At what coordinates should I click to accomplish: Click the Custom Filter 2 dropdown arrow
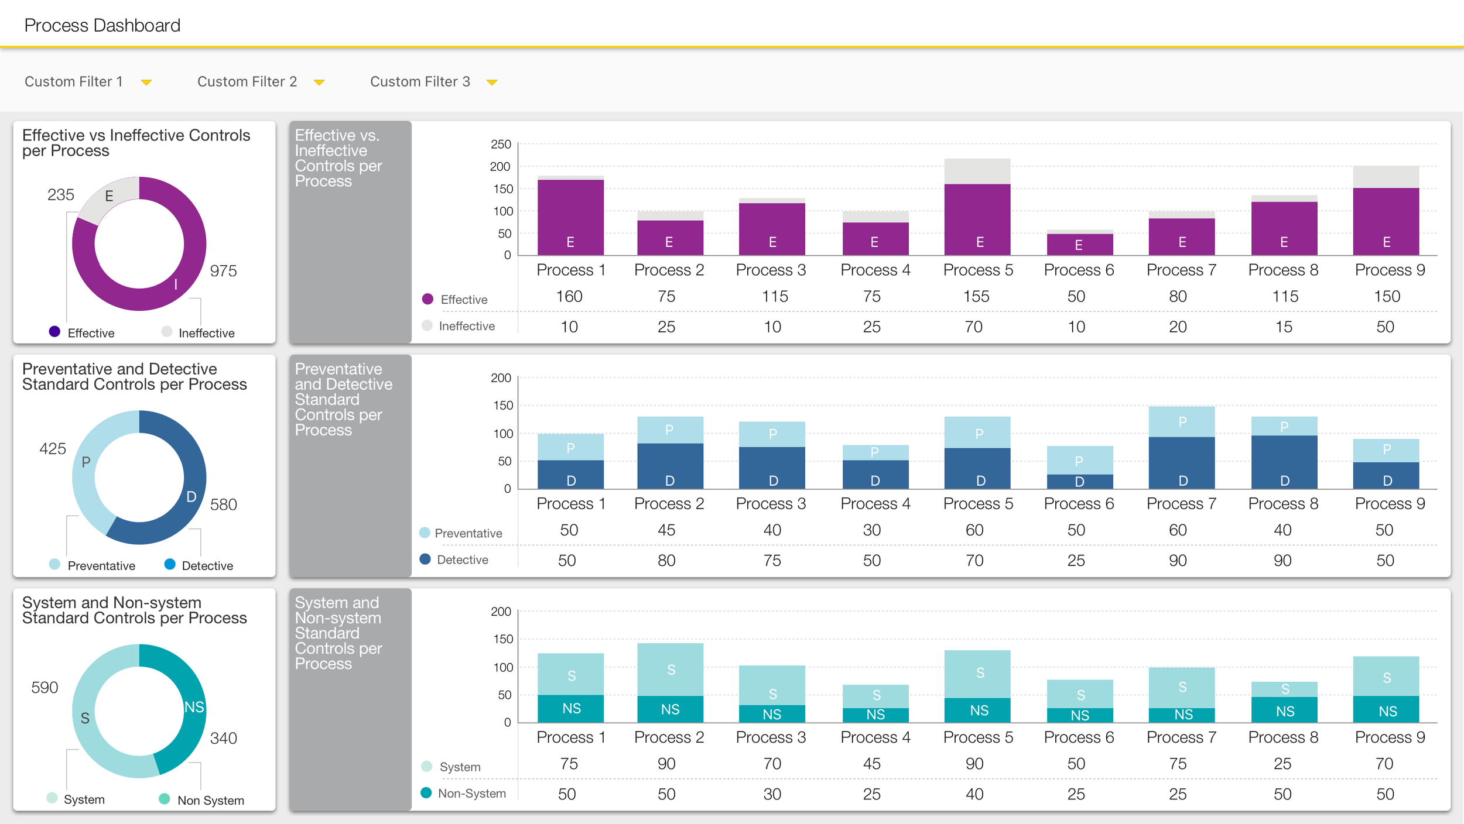(319, 83)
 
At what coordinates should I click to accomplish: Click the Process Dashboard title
(102, 26)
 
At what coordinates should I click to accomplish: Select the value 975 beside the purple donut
(223, 271)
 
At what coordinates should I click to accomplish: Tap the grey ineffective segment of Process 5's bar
(977, 171)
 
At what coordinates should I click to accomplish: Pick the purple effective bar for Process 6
(1079, 244)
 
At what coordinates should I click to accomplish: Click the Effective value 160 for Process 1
(569, 297)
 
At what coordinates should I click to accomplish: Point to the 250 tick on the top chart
(501, 145)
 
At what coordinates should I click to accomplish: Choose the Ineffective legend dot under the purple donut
(167, 332)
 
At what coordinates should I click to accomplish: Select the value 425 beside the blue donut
(53, 449)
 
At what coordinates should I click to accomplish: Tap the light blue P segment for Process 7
(1181, 421)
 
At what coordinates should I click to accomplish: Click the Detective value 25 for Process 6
(1076, 561)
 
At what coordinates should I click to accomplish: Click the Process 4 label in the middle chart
(875, 504)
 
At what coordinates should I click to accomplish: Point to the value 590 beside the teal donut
(45, 688)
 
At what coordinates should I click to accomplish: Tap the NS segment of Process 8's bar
(1284, 710)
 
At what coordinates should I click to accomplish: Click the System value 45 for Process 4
(871, 764)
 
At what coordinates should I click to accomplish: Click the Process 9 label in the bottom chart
(1389, 737)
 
